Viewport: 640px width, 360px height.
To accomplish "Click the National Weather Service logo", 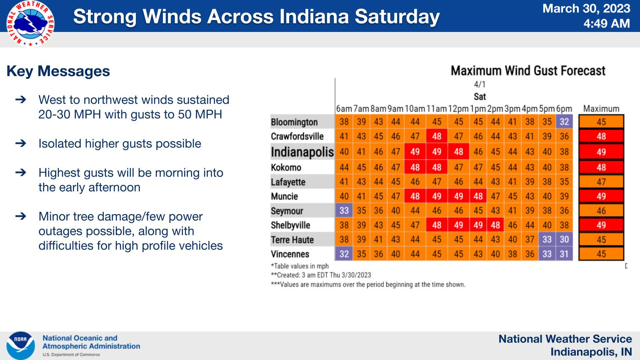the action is point(30,23).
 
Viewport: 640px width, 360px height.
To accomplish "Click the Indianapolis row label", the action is point(302,152).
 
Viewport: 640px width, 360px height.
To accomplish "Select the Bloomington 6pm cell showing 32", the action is point(564,122).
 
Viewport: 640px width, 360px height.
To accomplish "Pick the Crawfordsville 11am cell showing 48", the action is point(437,136).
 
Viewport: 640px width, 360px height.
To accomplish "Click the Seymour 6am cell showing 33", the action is point(344,210).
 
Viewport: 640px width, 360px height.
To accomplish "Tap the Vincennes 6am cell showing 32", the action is point(344,254).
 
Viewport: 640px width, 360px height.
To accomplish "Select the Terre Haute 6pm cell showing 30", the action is point(564,239).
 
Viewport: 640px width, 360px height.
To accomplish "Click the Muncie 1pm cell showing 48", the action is point(478,196).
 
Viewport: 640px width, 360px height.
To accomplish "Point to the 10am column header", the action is point(415,109).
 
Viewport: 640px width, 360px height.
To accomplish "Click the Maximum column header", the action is point(601,109).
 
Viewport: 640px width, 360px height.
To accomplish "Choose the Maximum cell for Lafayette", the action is point(601,182).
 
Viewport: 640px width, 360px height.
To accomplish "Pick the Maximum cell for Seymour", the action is point(601,211).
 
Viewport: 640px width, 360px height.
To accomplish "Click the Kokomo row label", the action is point(286,167).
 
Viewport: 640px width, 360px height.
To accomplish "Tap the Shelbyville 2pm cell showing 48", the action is point(495,225).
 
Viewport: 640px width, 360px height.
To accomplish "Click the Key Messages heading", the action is point(58,71).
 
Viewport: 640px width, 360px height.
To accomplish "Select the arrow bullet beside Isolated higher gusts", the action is point(21,143).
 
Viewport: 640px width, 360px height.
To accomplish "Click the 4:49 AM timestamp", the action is point(607,23).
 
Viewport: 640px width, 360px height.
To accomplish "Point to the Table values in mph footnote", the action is point(300,266).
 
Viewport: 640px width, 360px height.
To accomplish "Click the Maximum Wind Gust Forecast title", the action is point(528,70).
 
